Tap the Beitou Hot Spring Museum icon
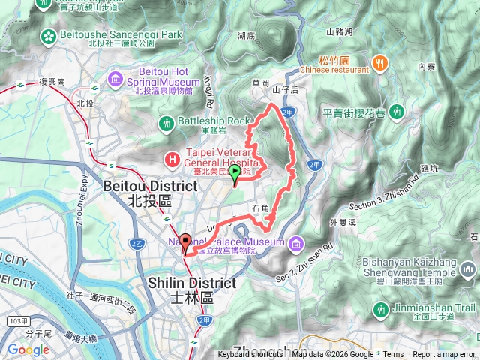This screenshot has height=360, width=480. pyautogui.click(x=115, y=78)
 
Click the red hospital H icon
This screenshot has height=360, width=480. pyautogui.click(x=172, y=159)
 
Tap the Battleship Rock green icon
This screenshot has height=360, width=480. pyautogui.click(x=166, y=121)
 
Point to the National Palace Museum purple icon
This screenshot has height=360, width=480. pyautogui.click(x=297, y=242)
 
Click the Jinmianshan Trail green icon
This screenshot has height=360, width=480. pyautogui.click(x=382, y=308)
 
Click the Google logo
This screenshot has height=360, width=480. pyautogui.click(x=28, y=349)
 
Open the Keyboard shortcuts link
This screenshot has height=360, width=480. pyautogui.click(x=250, y=355)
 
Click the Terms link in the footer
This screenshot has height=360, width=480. pyautogui.click(x=393, y=355)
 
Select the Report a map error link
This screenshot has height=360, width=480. pyautogui.click(x=444, y=355)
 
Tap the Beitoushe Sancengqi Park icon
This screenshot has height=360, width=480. pyautogui.click(x=49, y=35)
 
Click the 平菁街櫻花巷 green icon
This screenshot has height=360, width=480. pyautogui.click(x=398, y=112)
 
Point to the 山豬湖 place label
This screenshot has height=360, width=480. pyautogui.click(x=339, y=32)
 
